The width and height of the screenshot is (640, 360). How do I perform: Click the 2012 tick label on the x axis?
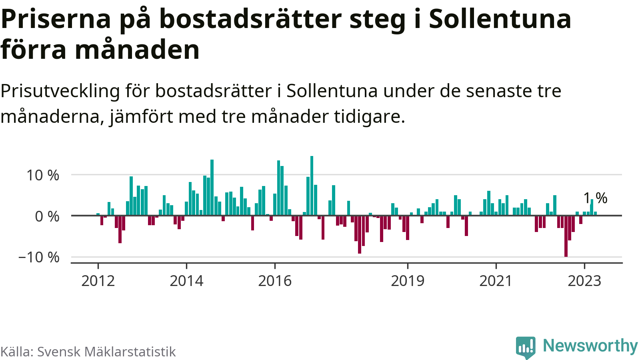(x=98, y=281)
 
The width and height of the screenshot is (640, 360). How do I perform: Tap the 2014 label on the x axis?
(x=186, y=281)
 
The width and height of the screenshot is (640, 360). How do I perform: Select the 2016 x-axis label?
(x=275, y=281)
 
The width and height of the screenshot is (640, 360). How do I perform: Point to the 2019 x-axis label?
(x=408, y=281)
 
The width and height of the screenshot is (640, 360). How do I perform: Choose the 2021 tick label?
(x=496, y=281)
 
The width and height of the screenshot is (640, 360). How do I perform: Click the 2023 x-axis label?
(x=584, y=281)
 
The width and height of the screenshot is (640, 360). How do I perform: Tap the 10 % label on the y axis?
(x=43, y=175)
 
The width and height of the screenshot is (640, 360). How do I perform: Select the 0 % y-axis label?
(x=47, y=216)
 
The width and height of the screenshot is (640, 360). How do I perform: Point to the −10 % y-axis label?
(x=39, y=257)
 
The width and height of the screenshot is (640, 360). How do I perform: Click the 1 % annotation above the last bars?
(x=595, y=198)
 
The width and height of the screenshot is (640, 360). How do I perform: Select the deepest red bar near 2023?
(x=566, y=236)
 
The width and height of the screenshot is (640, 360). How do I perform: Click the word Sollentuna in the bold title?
(x=500, y=19)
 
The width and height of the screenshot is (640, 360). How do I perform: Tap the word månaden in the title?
(x=137, y=50)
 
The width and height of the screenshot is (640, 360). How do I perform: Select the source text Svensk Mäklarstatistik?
(x=106, y=352)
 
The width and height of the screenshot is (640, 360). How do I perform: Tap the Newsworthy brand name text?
(x=590, y=346)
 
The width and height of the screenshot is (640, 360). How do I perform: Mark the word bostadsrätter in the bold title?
(x=251, y=19)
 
